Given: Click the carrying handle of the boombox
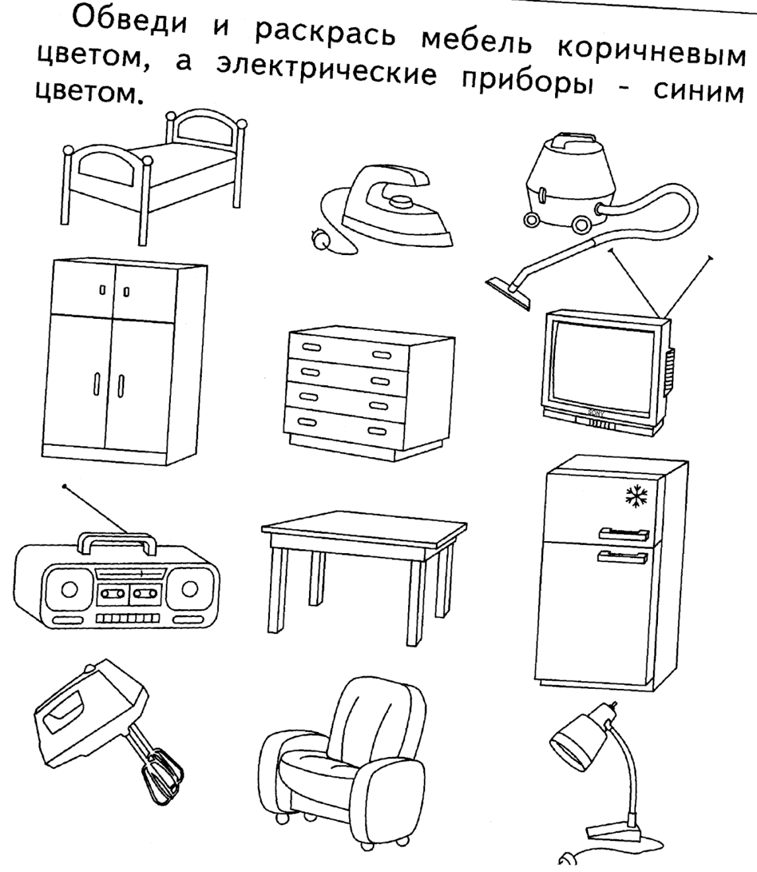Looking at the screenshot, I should [x=118, y=541].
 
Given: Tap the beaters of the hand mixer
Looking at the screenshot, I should [x=161, y=774].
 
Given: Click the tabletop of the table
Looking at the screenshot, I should [x=364, y=534].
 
